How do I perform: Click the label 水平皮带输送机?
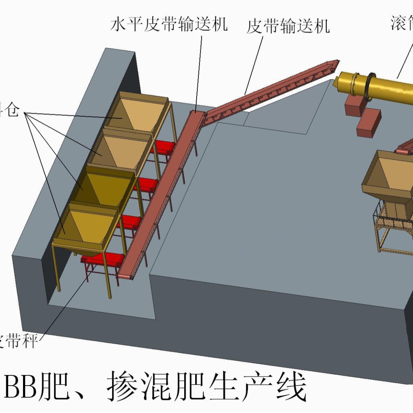point(169,24)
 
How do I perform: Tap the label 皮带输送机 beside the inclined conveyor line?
point(288,26)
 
